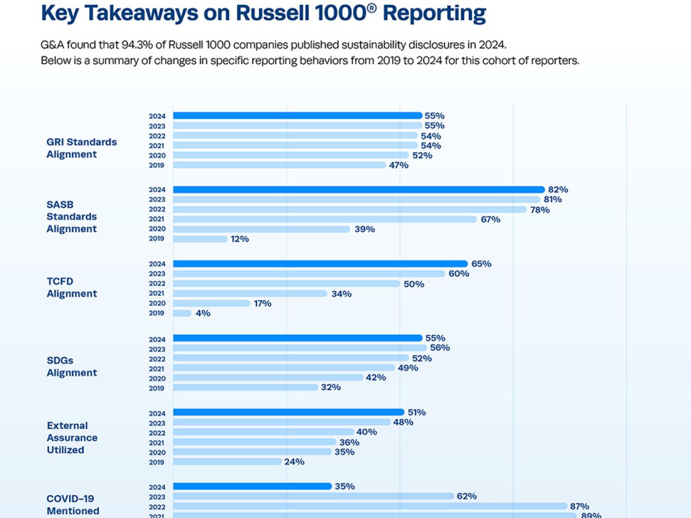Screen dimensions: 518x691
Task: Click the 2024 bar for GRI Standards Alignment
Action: (297, 115)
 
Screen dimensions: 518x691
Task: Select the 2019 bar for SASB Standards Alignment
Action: (200, 239)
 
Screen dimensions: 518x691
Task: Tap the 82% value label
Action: (558, 189)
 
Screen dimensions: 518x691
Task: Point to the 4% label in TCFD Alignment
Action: (203, 313)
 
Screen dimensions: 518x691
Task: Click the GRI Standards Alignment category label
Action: (82, 148)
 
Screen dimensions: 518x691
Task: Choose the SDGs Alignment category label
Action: (72, 366)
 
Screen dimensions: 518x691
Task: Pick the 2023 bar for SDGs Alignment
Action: (300, 348)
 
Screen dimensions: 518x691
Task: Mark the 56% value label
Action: (440, 347)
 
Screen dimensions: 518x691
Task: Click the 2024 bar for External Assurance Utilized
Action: (288, 412)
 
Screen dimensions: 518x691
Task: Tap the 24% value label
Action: (294, 461)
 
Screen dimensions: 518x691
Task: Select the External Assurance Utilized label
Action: (72, 438)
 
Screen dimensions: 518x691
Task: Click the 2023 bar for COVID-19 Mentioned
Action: (313, 496)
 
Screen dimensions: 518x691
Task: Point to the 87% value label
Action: (579, 506)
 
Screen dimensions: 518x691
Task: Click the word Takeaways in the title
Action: (141, 13)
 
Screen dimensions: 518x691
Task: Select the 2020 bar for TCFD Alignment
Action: (212, 303)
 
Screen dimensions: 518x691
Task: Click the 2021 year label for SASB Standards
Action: (157, 219)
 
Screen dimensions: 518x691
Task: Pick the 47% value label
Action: (398, 165)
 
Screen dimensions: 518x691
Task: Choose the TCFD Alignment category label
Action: (72, 288)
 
